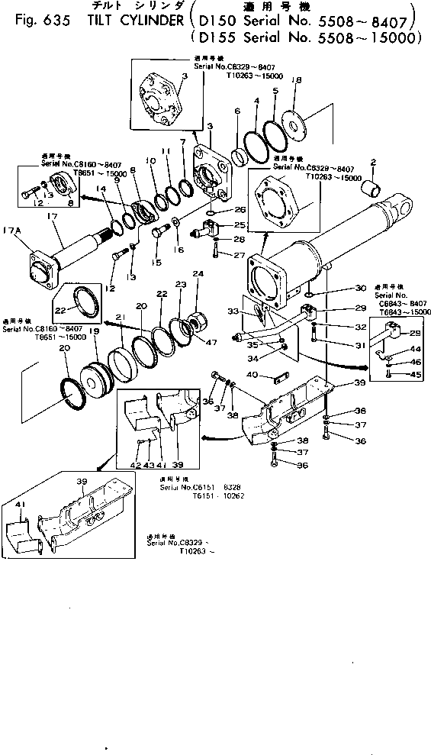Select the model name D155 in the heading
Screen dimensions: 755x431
(216, 36)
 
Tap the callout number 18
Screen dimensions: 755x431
(297, 80)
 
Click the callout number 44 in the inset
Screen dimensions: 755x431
(394, 349)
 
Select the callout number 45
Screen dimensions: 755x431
(394, 374)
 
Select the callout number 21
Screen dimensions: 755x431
(120, 318)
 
